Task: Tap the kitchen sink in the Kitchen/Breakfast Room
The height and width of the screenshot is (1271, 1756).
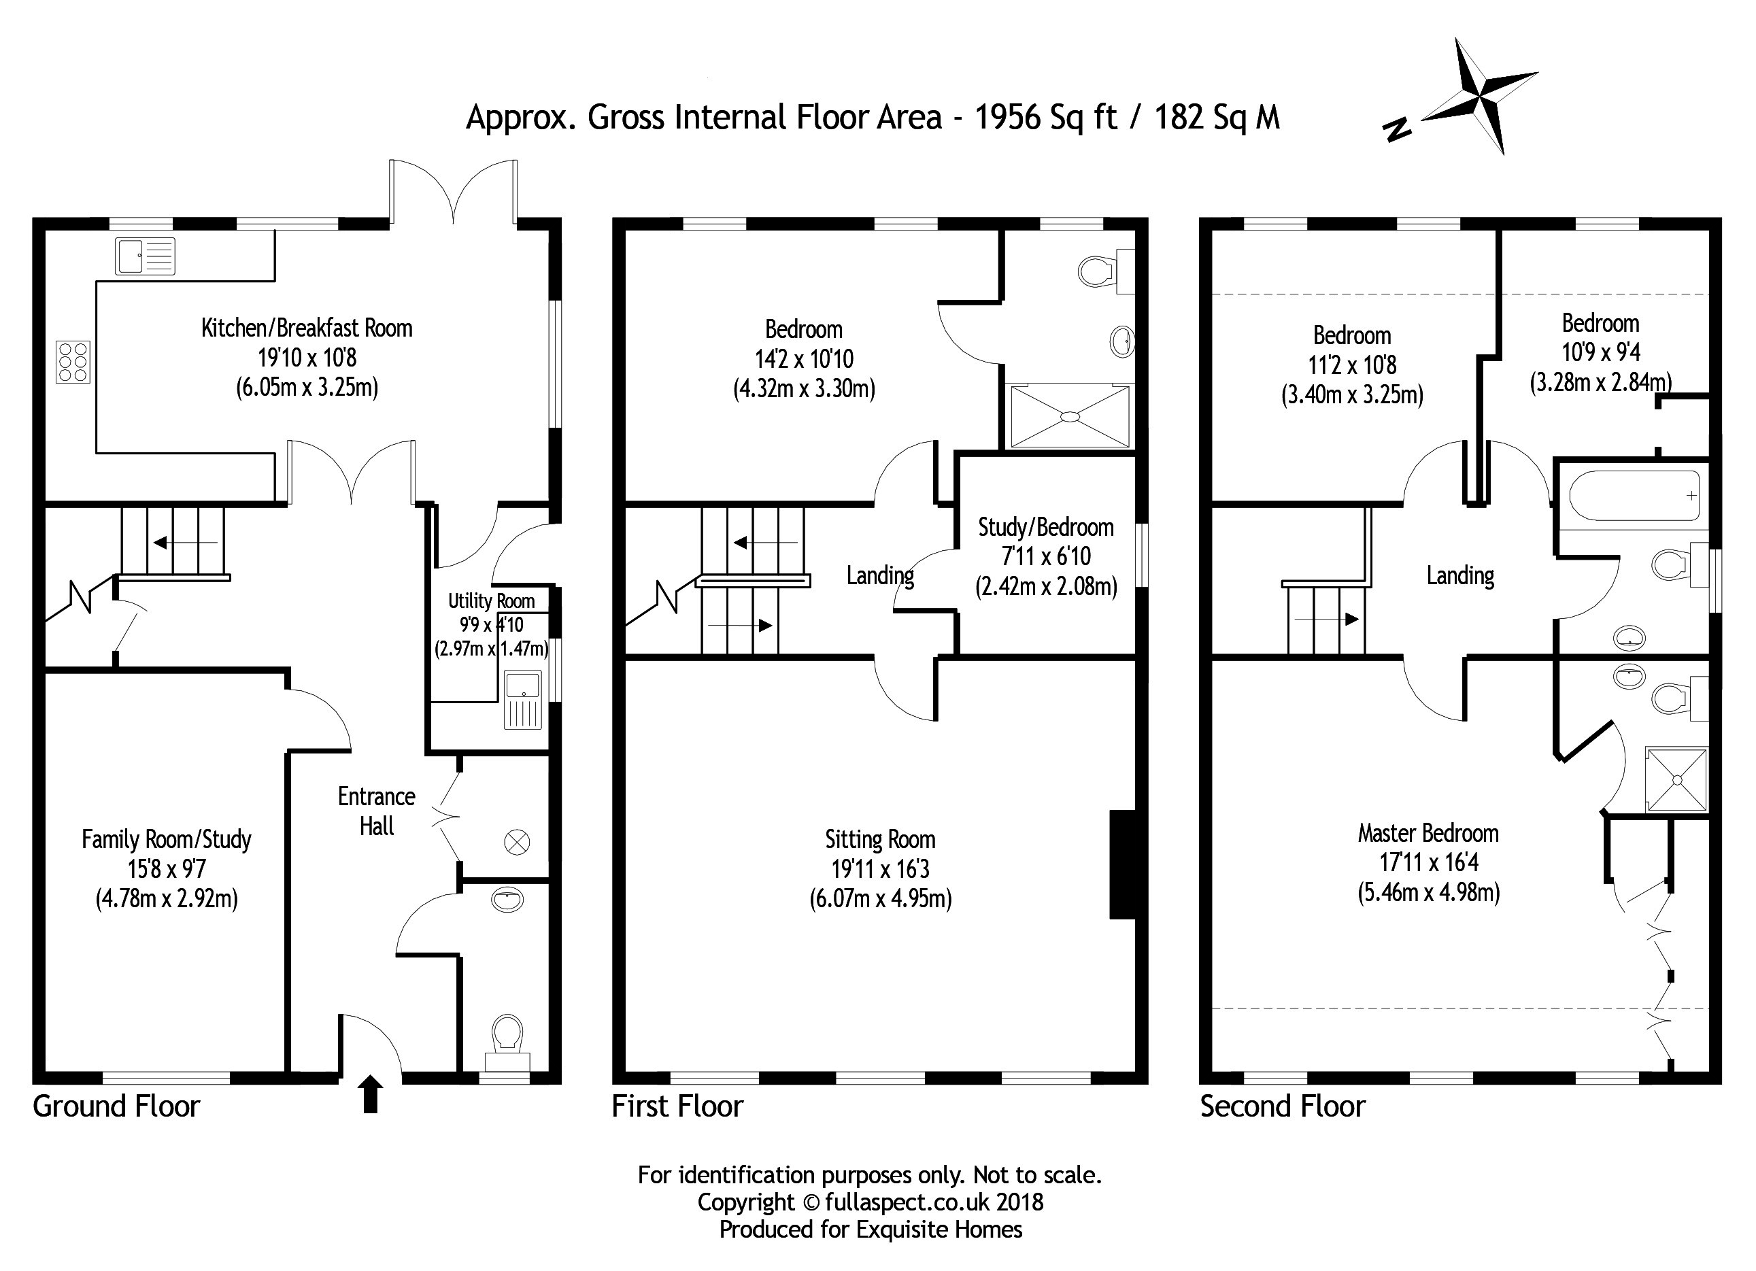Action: pyautogui.click(x=146, y=256)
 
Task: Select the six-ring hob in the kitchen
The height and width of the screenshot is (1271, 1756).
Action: pyautogui.click(x=73, y=362)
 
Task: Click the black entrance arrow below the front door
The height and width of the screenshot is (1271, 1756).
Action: pyautogui.click(x=371, y=1094)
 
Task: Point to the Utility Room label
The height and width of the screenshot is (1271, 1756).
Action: pyautogui.click(x=492, y=600)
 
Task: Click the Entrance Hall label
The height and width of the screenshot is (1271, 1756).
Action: pyautogui.click(x=377, y=811)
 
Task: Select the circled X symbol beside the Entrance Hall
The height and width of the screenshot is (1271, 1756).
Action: pyautogui.click(x=517, y=841)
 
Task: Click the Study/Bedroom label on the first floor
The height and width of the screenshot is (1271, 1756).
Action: pyautogui.click(x=1046, y=527)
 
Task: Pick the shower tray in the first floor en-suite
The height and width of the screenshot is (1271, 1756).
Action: pyautogui.click(x=1070, y=416)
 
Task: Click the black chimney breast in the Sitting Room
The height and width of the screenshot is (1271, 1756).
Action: pyautogui.click(x=1123, y=864)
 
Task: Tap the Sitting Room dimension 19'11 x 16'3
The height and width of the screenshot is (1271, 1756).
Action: pyautogui.click(x=880, y=869)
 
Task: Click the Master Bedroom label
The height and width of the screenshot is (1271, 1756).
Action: pyautogui.click(x=1428, y=834)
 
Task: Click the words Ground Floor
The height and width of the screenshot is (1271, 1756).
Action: pyautogui.click(x=116, y=1107)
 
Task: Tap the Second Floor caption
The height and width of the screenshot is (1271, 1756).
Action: pyautogui.click(x=1283, y=1107)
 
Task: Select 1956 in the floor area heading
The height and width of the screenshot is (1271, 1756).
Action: pyautogui.click(x=1007, y=118)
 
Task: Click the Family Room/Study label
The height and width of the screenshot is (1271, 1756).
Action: pyautogui.click(x=167, y=840)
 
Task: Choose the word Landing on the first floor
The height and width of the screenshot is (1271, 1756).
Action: pyautogui.click(x=880, y=576)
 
